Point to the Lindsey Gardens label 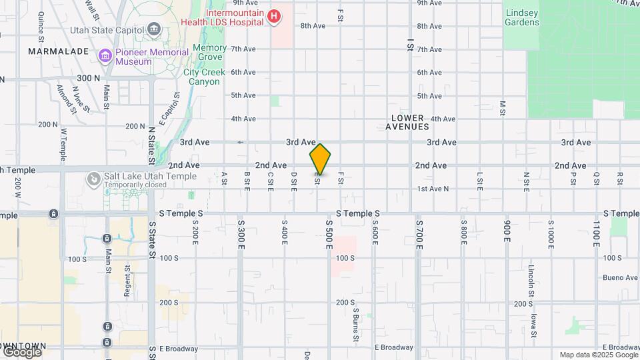click(x=522, y=17)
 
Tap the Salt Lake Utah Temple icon click(x=94, y=179)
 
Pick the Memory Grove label click(x=210, y=53)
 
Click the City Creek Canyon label click(x=201, y=77)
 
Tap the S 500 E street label click(x=329, y=234)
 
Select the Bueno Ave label click(x=620, y=277)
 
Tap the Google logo click(x=22, y=351)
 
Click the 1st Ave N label click(x=433, y=189)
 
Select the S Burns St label click(x=356, y=323)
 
